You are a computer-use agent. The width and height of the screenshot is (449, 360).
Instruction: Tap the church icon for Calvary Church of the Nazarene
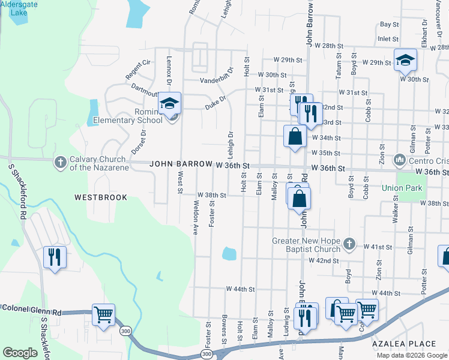coord(60,162)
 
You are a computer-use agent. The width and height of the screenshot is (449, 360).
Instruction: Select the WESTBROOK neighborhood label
coord(101,197)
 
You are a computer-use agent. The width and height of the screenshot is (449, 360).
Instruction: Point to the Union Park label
coord(402,188)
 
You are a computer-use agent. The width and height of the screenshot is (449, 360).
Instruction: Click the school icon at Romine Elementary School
coord(170,104)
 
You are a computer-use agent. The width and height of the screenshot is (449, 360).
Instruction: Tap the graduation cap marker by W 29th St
coord(406,60)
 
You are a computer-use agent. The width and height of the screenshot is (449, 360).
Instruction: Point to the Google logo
coord(20,352)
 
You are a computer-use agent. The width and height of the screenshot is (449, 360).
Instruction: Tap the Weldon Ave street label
coord(195,217)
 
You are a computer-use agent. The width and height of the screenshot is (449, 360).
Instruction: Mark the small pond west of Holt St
coord(229,253)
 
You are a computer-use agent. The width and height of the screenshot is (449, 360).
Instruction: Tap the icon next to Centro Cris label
coord(400,160)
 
